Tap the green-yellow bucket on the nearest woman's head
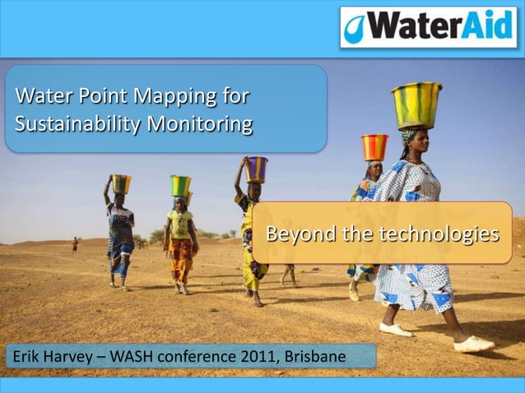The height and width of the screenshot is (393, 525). point(416,105)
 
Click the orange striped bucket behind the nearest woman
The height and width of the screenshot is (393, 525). point(374,147)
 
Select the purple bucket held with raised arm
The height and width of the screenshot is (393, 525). point(257,169)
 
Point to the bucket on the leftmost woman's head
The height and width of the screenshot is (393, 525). point(121,183)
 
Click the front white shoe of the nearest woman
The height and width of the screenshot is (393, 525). point(474,344)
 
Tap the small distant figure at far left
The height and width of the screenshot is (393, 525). point(74,244)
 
